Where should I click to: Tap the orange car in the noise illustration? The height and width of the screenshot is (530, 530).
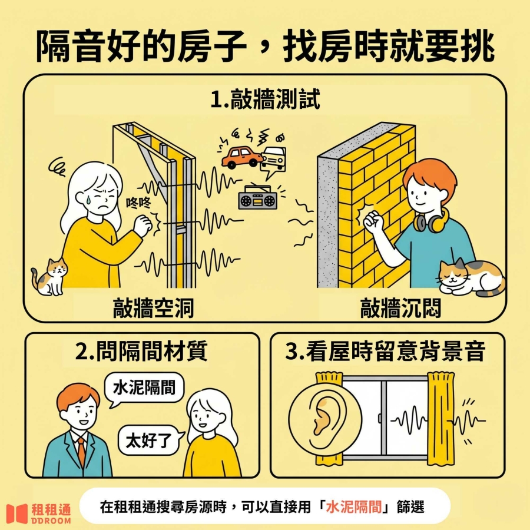(241, 157)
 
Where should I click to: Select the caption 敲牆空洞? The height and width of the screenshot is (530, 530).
(154, 307)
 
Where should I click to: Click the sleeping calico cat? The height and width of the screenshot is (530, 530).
(472, 277)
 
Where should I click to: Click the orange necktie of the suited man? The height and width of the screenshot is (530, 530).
(81, 450)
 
